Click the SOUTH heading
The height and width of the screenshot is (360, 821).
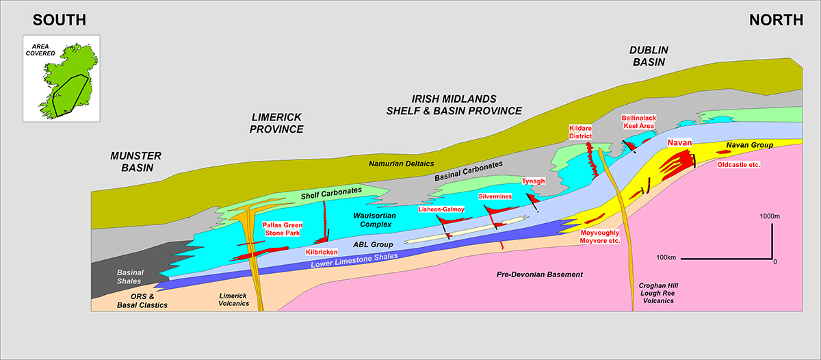pyautogui.click(x=60, y=20)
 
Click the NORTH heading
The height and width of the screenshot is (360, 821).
pyautogui.click(x=776, y=20)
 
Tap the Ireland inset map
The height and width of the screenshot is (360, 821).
pyautogui.click(x=62, y=79)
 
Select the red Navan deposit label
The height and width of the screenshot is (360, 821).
pyautogui.click(x=679, y=142)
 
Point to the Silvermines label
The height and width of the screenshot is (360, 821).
pyautogui.click(x=495, y=196)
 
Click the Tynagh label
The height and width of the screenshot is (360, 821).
pyautogui.click(x=533, y=181)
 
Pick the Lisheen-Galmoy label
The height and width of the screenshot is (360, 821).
pyautogui.click(x=441, y=209)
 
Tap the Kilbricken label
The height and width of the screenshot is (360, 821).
pyautogui.click(x=322, y=253)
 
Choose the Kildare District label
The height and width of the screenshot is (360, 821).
pyautogui.click(x=580, y=132)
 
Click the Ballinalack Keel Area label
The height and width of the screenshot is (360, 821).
pyautogui.click(x=639, y=122)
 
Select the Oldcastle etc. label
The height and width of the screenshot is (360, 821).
pyautogui.click(x=738, y=165)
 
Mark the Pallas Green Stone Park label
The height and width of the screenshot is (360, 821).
pyautogui.click(x=283, y=229)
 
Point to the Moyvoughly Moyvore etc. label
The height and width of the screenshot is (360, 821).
pyautogui.click(x=599, y=237)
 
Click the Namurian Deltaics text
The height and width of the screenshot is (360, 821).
pyautogui.click(x=402, y=164)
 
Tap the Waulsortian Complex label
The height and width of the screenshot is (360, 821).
pyautogui.click(x=375, y=220)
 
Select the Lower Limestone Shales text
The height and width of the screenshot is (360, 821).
pyautogui.click(x=354, y=260)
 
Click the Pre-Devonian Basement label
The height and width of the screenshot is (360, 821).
pyautogui.click(x=540, y=274)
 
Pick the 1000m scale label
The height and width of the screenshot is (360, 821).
pyautogui.click(x=770, y=216)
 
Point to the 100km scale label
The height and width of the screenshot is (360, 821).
pyautogui.click(x=666, y=258)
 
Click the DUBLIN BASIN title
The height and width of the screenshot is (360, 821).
pyautogui.click(x=649, y=56)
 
